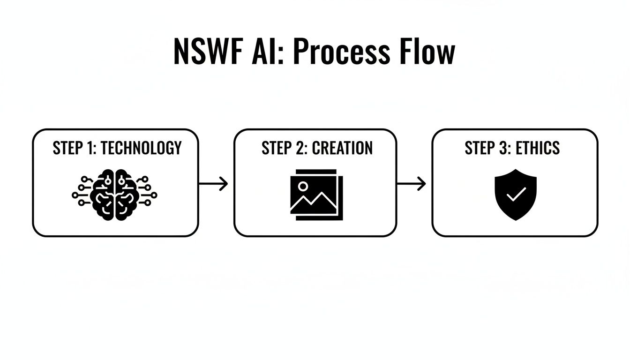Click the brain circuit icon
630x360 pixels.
click(x=115, y=193)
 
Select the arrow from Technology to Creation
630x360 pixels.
click(x=214, y=184)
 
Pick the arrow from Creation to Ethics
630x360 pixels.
click(x=412, y=184)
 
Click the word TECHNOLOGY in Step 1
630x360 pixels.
click(x=141, y=148)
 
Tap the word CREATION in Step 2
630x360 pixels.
click(x=342, y=148)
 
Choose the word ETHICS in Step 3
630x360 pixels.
click(x=538, y=148)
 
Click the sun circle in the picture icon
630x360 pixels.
click(x=303, y=186)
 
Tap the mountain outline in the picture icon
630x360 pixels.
click(x=313, y=202)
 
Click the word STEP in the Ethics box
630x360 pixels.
click(x=480, y=148)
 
